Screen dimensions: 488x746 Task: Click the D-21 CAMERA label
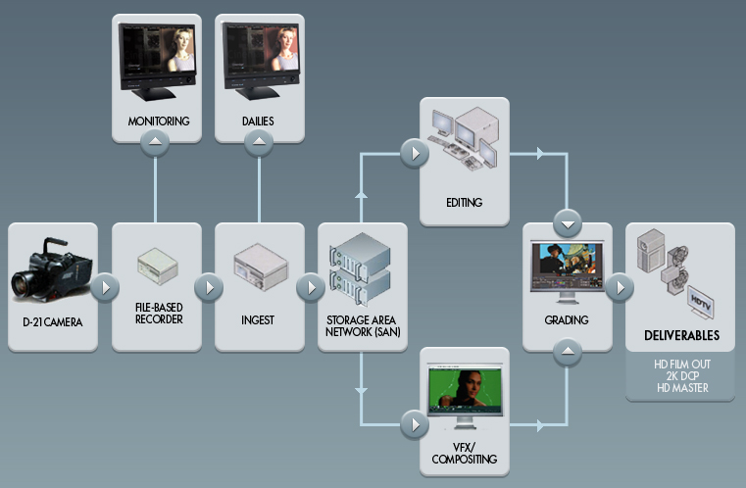53,319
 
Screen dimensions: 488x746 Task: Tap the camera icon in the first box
51,270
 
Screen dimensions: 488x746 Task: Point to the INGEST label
259,319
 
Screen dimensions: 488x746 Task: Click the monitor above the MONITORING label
157,61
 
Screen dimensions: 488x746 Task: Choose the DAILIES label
259,121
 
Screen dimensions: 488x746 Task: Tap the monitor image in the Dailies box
259,61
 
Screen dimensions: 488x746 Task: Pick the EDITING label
464,203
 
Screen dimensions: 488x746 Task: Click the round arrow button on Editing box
415,154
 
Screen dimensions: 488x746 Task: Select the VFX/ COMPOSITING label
464,452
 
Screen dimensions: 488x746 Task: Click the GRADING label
568,319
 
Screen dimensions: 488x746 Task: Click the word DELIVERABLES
681,336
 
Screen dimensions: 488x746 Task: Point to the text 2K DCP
681,376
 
